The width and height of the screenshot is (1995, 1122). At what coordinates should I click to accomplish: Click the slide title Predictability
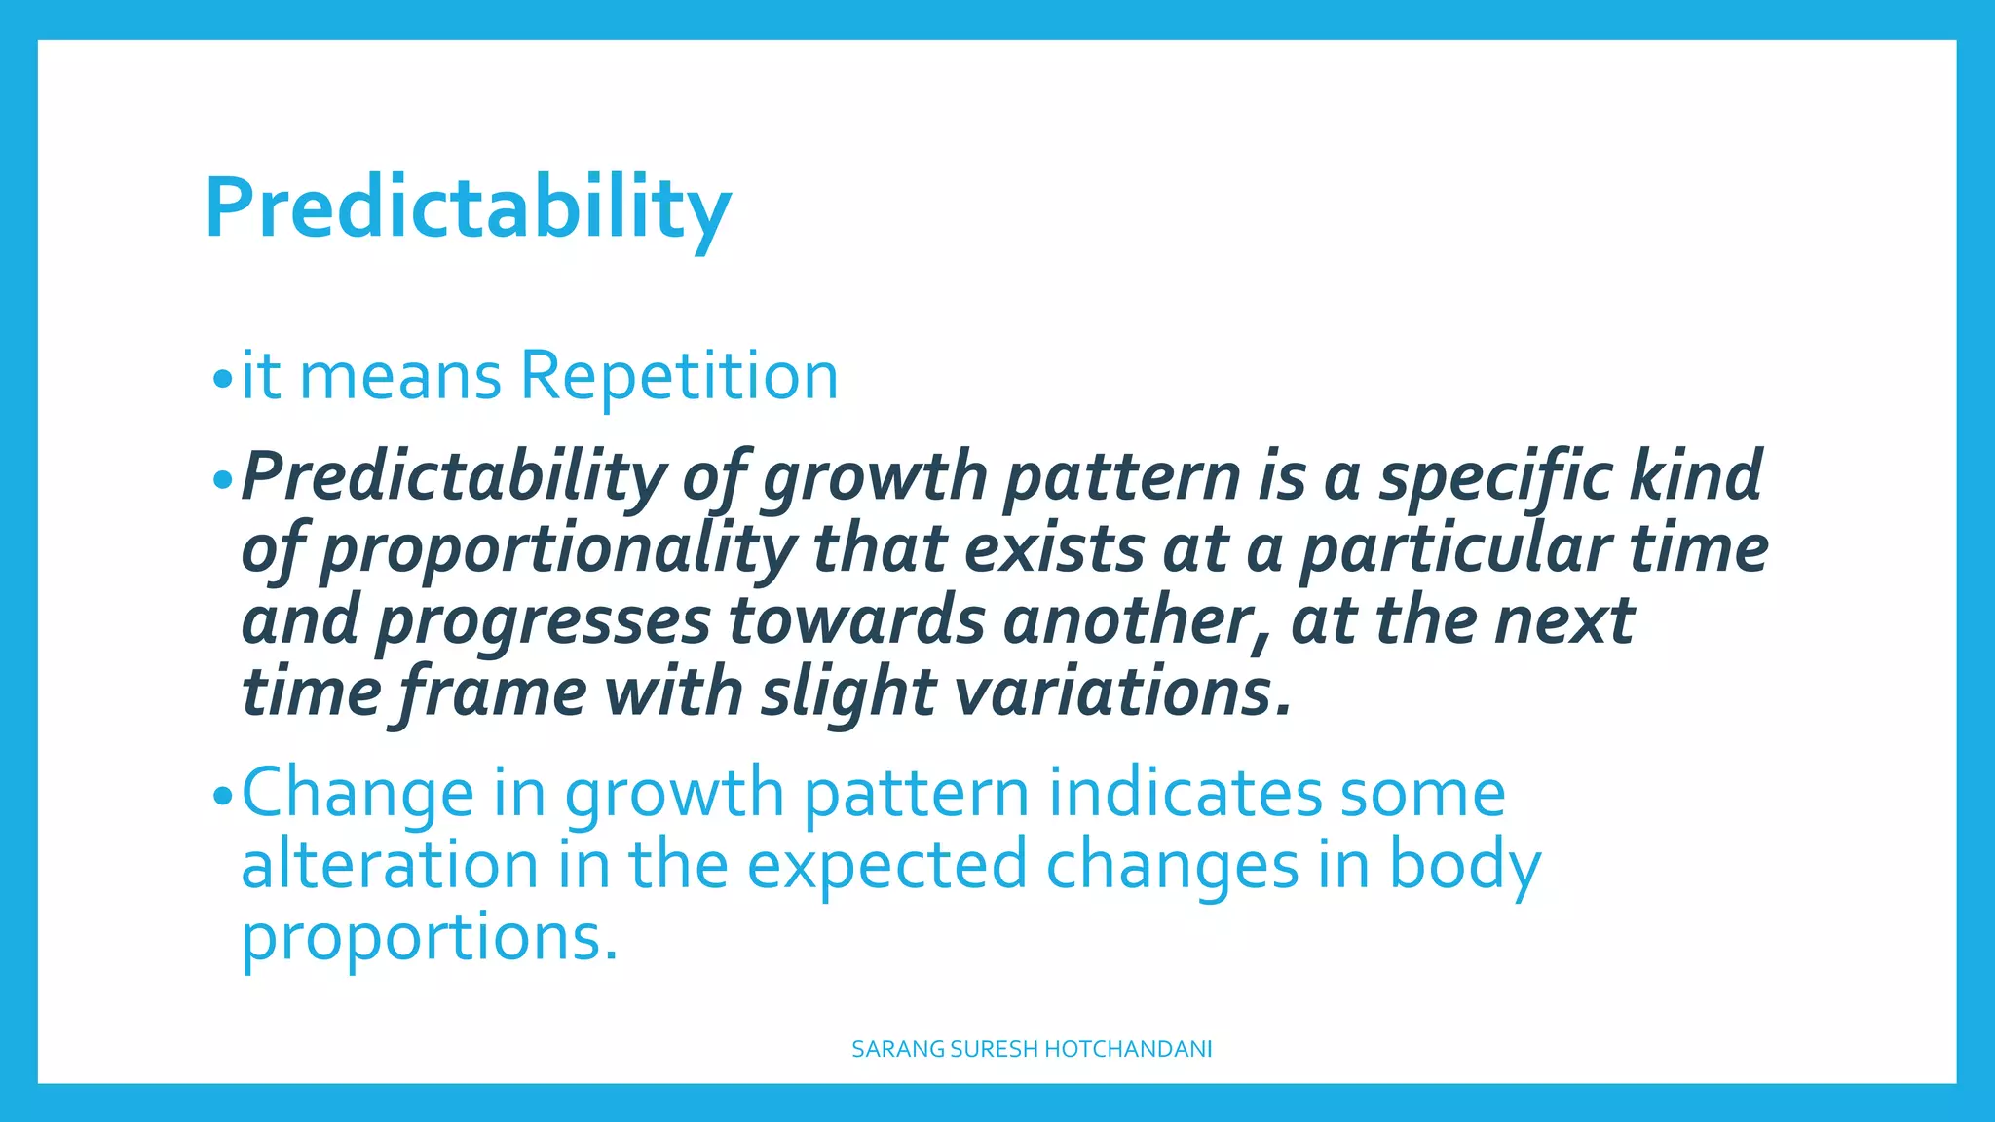click(468, 207)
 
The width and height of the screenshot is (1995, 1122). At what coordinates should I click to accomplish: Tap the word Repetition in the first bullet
click(679, 376)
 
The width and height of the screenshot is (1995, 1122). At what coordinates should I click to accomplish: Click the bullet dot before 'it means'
click(223, 378)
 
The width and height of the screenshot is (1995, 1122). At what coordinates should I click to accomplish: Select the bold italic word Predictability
click(453, 477)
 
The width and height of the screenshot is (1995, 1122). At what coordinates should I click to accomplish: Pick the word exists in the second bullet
click(1054, 548)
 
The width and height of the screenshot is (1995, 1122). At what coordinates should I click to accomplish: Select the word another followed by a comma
click(1137, 621)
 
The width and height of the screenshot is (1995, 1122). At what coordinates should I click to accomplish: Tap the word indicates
click(1185, 793)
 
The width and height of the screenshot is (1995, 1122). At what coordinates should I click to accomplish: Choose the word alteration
click(390, 865)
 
